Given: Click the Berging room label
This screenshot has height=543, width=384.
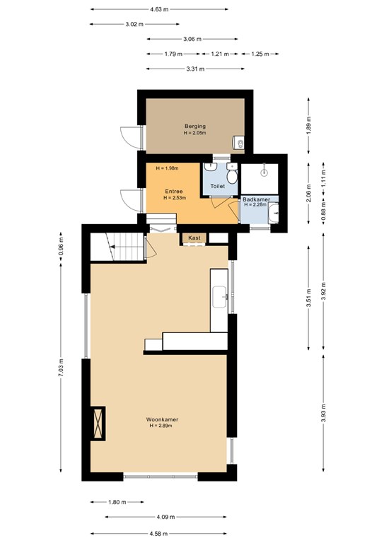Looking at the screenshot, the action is point(195,127).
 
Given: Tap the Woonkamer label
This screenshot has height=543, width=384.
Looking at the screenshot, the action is point(162,419).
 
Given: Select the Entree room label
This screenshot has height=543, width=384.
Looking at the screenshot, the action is point(174,191).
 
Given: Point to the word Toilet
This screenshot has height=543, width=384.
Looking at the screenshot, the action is point(217,186).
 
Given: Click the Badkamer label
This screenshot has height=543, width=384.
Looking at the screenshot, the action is point(256,199).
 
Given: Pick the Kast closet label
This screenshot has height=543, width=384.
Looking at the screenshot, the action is point(194,238).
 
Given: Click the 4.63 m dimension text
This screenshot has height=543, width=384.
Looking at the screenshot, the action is point(159,9).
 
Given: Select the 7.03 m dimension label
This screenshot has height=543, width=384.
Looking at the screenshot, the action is point(61,368).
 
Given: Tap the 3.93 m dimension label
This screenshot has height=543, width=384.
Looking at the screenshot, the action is point(323,413).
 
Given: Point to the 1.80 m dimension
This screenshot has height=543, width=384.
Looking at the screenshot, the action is point(117,502).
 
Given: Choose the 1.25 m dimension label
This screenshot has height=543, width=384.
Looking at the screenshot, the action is point(260,54).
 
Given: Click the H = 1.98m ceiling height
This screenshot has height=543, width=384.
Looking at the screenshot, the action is point(167,168).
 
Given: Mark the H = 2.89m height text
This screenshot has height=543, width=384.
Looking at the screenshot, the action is point(161,426).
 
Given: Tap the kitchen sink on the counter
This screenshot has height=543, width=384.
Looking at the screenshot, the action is point(219,297).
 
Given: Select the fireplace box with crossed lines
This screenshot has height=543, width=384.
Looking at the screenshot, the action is point(98,424).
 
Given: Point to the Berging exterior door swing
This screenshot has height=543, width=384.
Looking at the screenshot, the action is point(132,138).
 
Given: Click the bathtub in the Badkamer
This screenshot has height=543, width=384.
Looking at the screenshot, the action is point(273,214).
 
